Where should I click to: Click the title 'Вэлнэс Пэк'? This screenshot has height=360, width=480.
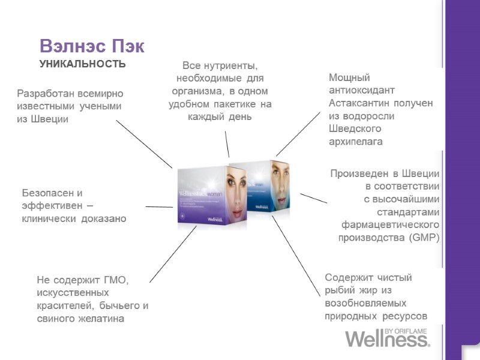(x=92, y=46)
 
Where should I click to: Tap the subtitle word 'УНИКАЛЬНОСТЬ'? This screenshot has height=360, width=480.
(x=82, y=64)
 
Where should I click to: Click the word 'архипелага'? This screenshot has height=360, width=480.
(x=356, y=142)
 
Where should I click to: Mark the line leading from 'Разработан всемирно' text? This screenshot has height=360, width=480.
(x=144, y=144)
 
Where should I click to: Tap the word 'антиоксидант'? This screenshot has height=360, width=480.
(x=362, y=91)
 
